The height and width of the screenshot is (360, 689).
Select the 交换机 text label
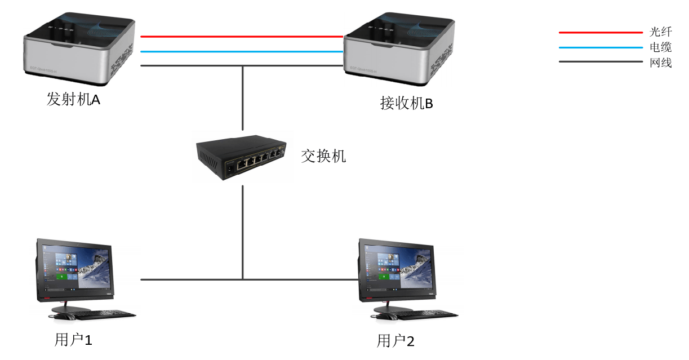coord(323,156)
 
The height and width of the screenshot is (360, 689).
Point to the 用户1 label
coord(73,340)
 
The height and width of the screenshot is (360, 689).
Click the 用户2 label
coord(395,341)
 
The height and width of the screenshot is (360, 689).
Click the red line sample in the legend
coord(600,33)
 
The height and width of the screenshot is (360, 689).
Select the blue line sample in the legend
coord(600,47)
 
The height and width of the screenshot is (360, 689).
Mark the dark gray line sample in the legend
coord(600,61)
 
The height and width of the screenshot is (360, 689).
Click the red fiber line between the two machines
coord(242,37)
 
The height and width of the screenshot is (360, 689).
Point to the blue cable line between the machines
coord(242,51)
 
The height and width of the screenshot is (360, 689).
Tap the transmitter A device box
coord(79,50)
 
